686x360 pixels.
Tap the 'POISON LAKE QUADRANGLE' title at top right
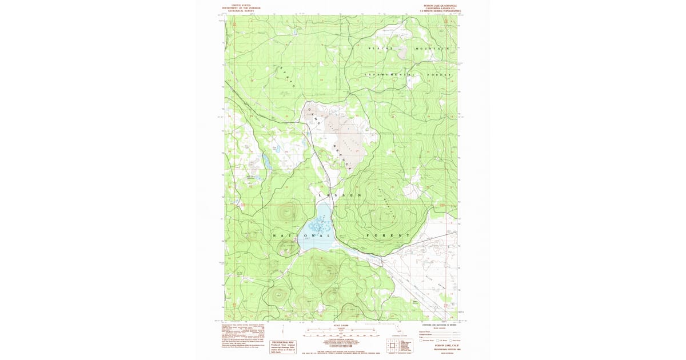[x=441, y=6]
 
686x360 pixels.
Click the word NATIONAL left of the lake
[x=301, y=236]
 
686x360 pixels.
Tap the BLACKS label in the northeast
[x=381, y=49]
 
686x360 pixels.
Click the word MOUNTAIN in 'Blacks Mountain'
[x=433, y=49]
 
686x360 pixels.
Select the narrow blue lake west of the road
[x=266, y=161]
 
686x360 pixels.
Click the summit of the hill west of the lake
[x=285, y=213]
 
